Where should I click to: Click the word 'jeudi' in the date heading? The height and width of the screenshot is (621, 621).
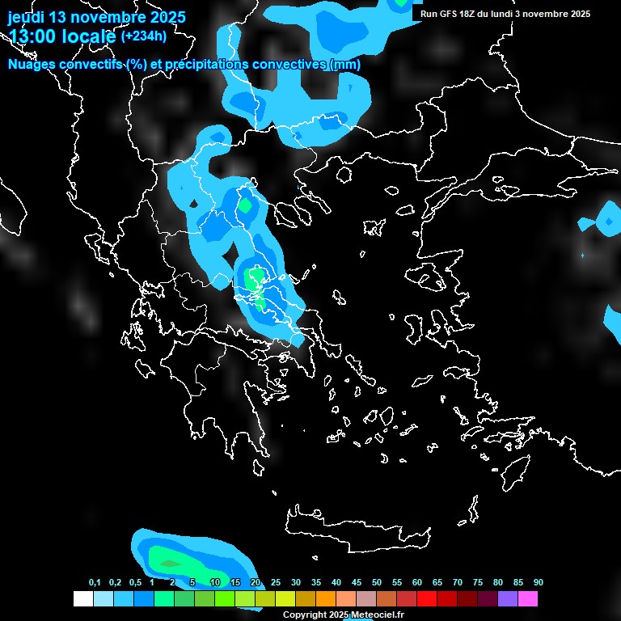pos(26,17)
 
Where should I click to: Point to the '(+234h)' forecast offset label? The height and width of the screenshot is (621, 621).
pos(143,36)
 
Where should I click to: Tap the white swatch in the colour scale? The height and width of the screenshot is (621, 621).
pos(82,599)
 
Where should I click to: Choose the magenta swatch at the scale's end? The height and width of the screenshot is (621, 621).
pos(528,599)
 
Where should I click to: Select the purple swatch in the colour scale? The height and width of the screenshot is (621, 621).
pos(508,599)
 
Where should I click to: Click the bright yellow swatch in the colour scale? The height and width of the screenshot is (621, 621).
pos(285,599)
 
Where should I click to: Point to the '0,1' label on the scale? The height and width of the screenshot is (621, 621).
pos(95,583)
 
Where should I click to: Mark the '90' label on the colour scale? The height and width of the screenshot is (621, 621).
pos(539,583)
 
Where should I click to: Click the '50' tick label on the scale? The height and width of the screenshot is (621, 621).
pos(377,583)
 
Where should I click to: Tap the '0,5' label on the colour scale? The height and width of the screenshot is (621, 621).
pos(135,583)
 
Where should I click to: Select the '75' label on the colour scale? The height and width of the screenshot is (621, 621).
pos(478,583)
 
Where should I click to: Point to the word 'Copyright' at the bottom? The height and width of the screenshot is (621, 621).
pos(306,615)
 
